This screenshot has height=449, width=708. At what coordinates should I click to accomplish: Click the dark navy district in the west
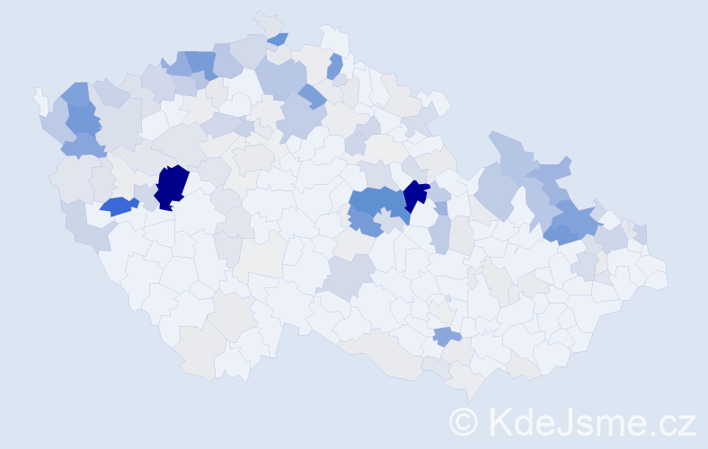pyautogui.click(x=171, y=187)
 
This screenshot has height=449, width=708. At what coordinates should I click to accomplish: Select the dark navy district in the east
pyautogui.click(x=415, y=195)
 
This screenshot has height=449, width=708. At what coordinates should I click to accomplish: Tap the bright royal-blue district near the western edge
pyautogui.click(x=118, y=206)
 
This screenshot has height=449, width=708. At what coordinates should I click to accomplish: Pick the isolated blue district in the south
pyautogui.click(x=447, y=337)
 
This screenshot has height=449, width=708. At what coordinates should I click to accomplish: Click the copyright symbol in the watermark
pyautogui.click(x=463, y=420)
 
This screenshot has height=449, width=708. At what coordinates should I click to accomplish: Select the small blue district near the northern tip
pyautogui.click(x=278, y=39)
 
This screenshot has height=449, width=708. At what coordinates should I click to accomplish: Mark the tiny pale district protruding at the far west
pyautogui.click(x=40, y=96)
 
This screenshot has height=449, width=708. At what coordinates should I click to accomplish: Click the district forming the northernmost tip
pyautogui.click(x=267, y=22)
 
